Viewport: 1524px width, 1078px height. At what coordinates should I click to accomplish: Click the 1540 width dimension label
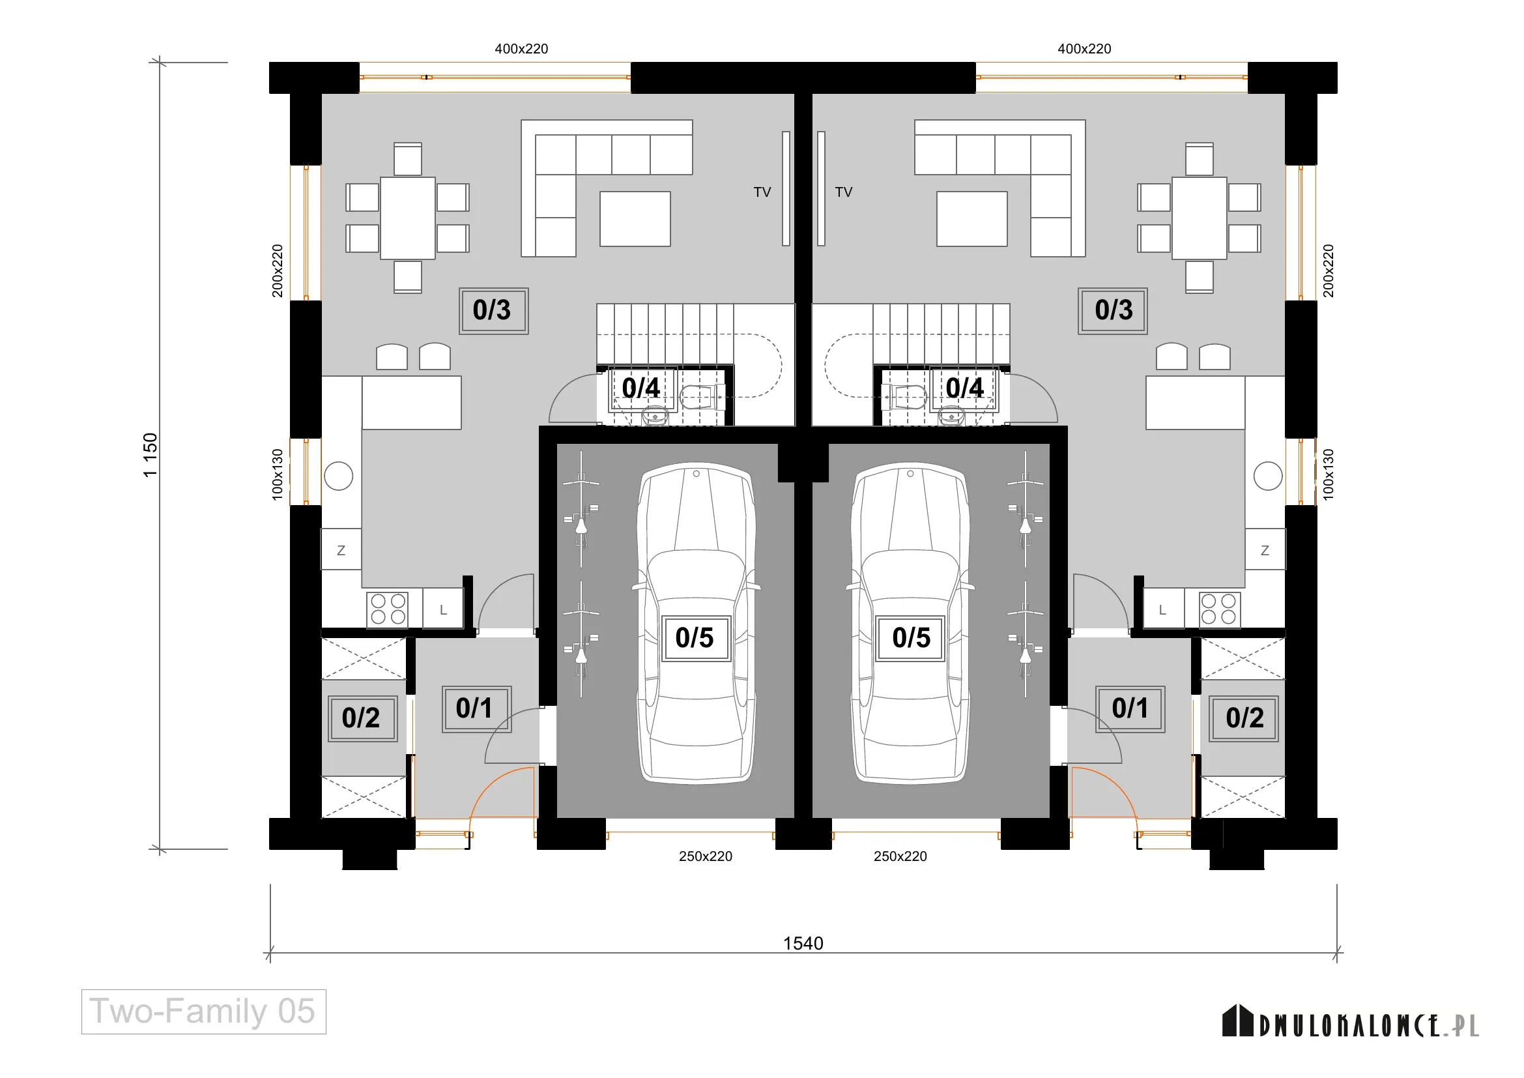803,943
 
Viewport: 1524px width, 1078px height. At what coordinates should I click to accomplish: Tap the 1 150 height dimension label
151,455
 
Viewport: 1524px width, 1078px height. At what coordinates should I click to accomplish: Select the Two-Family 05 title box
204,1012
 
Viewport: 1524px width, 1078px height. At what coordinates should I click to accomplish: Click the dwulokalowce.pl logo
1351,1022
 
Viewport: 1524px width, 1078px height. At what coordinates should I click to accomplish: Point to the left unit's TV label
762,192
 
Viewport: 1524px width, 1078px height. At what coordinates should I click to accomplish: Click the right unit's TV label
844,192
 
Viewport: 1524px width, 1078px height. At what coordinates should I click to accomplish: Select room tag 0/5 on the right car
911,638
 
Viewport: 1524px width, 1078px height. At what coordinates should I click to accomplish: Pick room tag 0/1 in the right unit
1130,709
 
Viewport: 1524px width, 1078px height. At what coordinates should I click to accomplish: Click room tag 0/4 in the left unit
641,388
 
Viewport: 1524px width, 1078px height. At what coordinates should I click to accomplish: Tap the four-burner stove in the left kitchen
388,609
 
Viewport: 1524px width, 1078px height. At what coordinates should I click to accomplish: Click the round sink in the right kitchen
1268,476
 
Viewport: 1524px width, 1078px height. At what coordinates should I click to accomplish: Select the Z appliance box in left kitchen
341,549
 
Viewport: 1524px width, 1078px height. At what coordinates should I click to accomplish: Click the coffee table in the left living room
635,219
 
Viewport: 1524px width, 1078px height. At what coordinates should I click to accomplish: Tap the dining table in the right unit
1199,218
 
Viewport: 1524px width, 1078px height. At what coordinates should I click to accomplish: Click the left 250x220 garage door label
706,856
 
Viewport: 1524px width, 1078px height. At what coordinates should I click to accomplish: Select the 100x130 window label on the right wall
1328,474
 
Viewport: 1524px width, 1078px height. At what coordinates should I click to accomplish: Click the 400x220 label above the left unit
522,48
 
